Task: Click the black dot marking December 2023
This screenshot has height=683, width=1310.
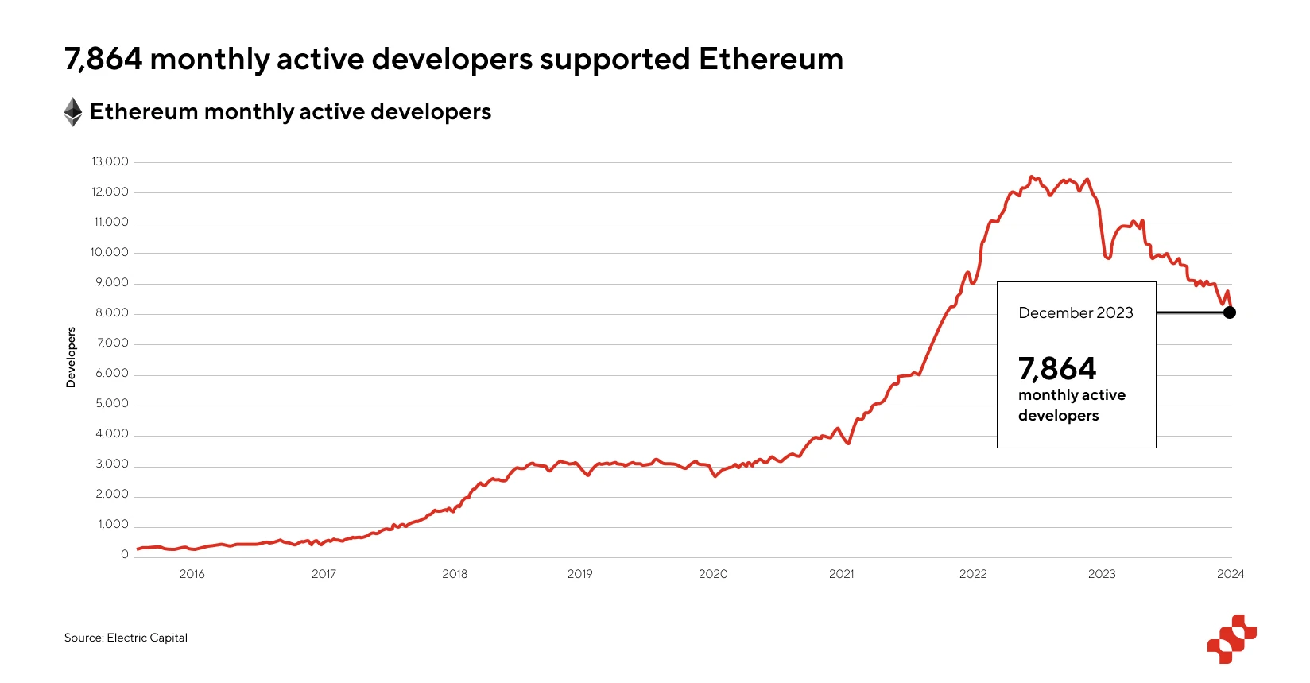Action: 1230,312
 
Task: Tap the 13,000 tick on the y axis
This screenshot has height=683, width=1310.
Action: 110,161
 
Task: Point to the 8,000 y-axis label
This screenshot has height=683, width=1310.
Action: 112,312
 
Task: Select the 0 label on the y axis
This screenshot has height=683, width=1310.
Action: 125,554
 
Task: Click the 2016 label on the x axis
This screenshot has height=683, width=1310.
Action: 192,574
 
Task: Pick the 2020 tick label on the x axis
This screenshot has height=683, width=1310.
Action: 713,574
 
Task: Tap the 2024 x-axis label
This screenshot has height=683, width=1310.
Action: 1231,574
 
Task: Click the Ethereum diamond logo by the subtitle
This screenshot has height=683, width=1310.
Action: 73,112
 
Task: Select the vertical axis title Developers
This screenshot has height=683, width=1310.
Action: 72,358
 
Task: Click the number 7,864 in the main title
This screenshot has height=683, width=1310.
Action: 103,60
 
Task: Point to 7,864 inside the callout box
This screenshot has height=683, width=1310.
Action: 1057,369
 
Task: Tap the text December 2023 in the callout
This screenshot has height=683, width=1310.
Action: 1076,313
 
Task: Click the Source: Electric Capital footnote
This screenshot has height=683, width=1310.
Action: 126,638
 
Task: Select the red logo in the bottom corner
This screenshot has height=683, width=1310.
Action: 1231,638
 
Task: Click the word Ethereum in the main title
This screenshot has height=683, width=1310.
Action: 770,60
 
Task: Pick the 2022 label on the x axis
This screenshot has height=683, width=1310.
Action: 973,574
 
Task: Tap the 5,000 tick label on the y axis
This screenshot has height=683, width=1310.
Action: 112,403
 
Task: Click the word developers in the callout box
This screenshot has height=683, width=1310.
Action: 1058,416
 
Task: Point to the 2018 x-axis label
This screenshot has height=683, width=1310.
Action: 455,574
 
